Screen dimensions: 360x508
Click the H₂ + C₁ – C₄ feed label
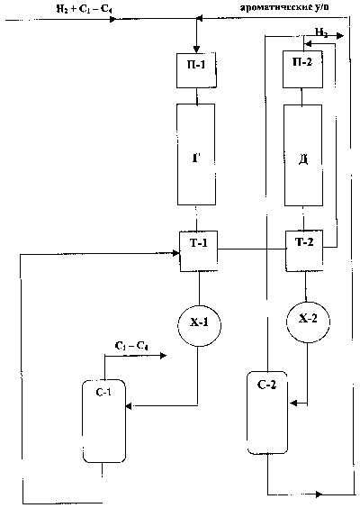coord(85,9)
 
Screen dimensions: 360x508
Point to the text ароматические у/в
coord(284,7)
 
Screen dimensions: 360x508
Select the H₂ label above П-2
coord(320,32)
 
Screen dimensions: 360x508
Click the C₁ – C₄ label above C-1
coord(131,346)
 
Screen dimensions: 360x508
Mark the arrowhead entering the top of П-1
coord(196,50)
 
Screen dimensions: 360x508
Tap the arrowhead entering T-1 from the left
coord(175,253)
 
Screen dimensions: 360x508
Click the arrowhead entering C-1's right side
coord(129,405)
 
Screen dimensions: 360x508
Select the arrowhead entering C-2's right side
coord(294,403)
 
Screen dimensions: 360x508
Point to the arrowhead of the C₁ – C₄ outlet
coord(163,356)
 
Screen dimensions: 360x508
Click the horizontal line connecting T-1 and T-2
coord(251,249)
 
